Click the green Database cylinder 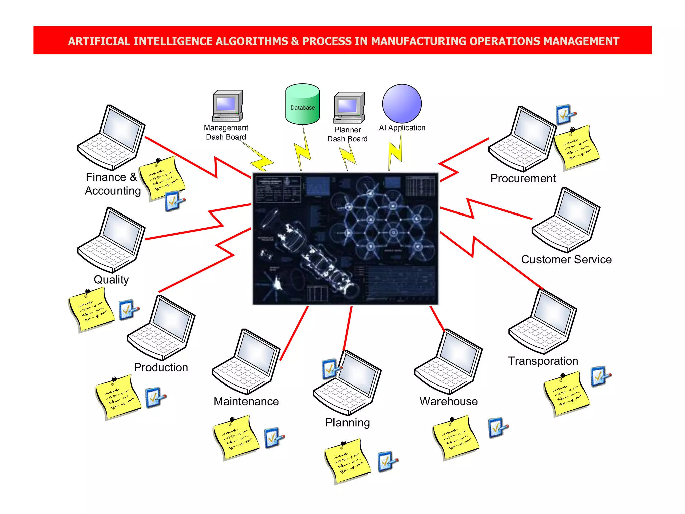pyautogui.click(x=302, y=104)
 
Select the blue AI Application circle pyautogui.click(x=402, y=103)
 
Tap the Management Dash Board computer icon pyautogui.click(x=227, y=106)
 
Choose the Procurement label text pyautogui.click(x=522, y=178)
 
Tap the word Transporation pyautogui.click(x=543, y=361)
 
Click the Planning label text pyautogui.click(x=348, y=423)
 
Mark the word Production pyautogui.click(x=161, y=367)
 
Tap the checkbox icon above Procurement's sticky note pyautogui.click(x=565, y=115)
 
